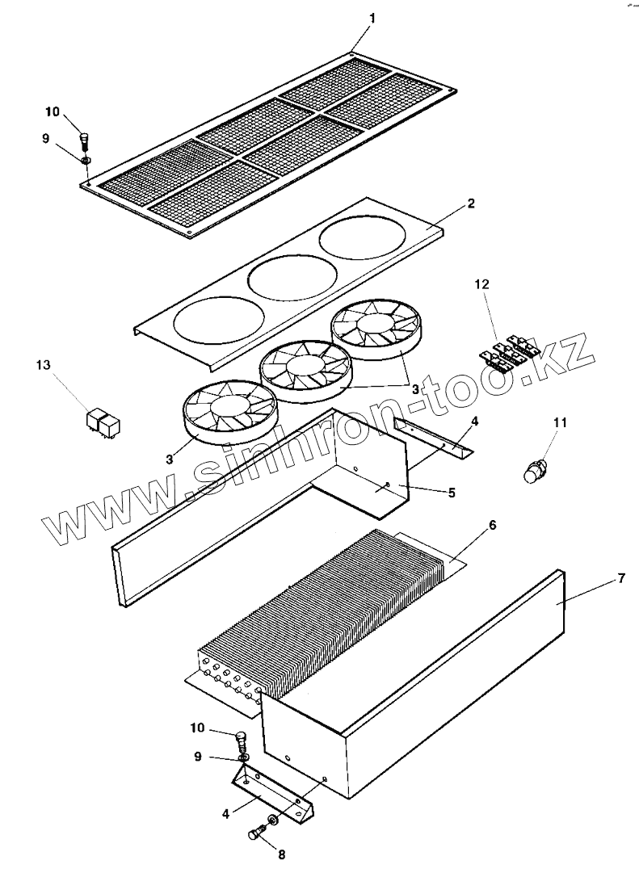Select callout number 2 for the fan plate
[x=471, y=204]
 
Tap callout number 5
[x=451, y=492]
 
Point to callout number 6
[x=492, y=525]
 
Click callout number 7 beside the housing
[x=620, y=577]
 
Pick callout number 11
[x=560, y=422]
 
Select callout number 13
[x=43, y=365]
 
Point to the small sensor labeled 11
[x=535, y=472]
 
